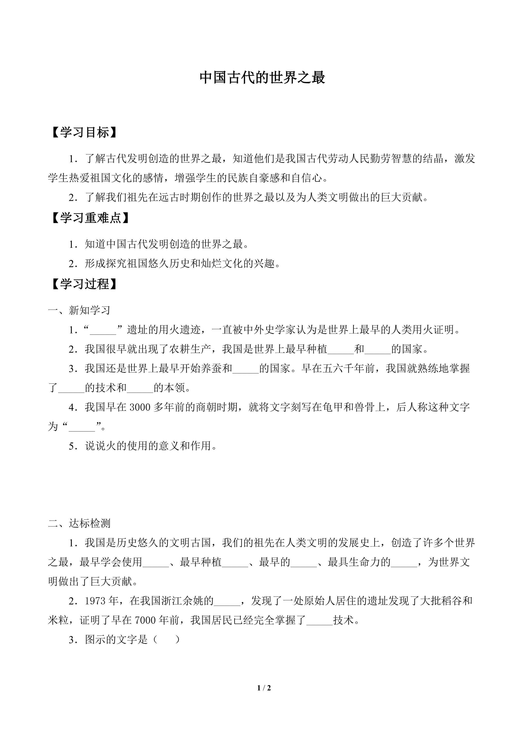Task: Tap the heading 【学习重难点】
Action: click(91, 218)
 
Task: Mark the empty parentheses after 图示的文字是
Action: click(167, 640)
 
